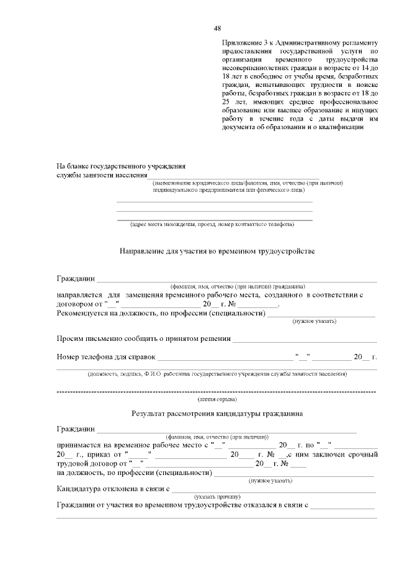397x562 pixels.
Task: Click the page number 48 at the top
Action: coord(217,28)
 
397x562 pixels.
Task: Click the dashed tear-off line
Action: coord(216,392)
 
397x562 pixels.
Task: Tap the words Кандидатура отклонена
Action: coord(94,490)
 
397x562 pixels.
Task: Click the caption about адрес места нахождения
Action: coord(212,224)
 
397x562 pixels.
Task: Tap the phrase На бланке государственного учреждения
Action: coord(121,166)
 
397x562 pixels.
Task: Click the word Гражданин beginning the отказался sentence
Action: coord(76,506)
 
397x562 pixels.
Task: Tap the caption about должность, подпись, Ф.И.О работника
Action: coord(216,374)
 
